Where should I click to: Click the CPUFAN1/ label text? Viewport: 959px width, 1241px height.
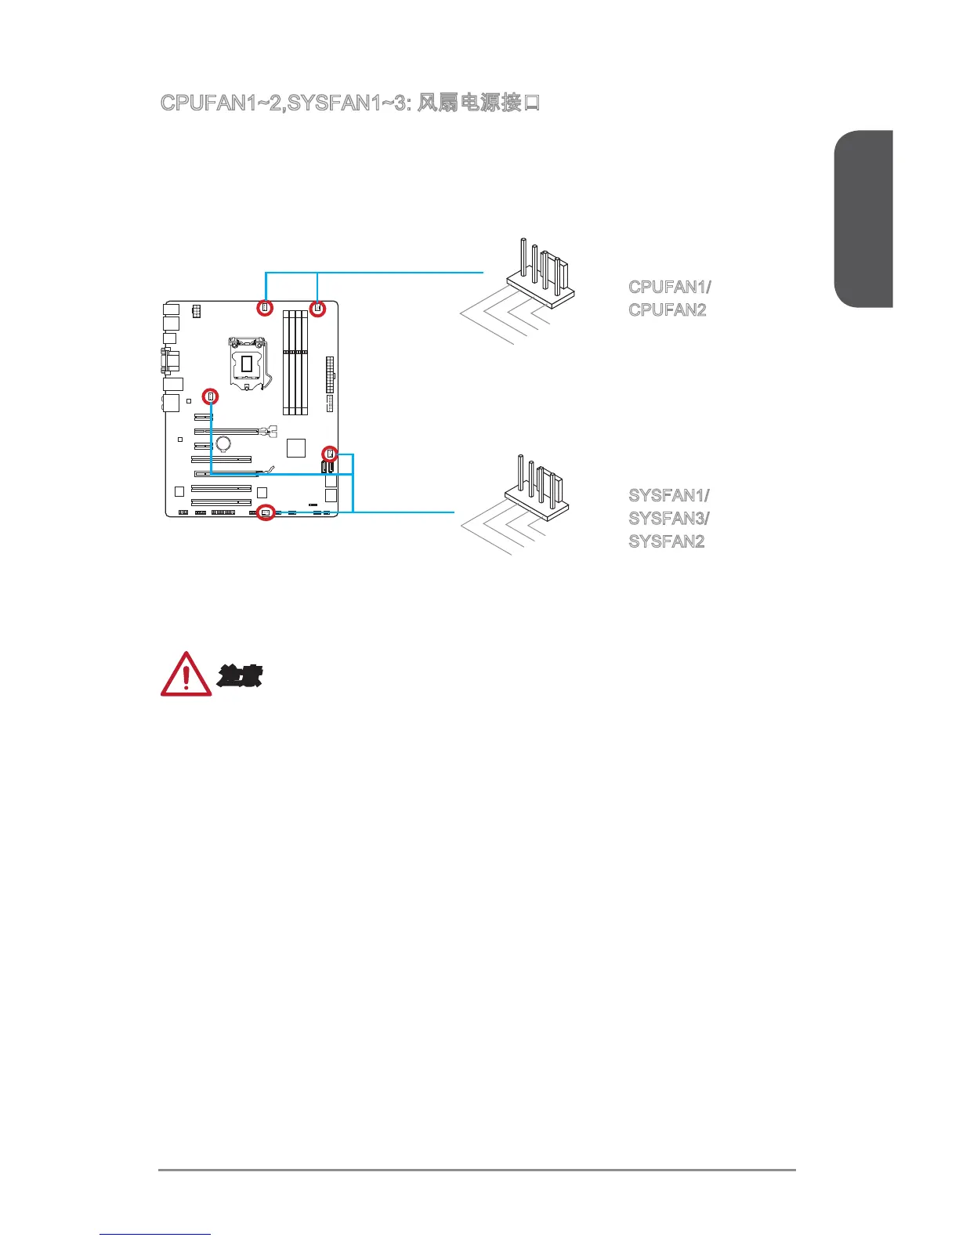click(x=669, y=287)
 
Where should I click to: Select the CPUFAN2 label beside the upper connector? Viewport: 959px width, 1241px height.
click(x=668, y=309)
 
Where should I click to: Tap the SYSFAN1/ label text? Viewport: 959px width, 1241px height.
click(x=669, y=496)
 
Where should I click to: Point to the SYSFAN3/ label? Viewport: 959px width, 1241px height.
click(x=669, y=519)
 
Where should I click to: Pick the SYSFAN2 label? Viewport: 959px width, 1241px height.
click(x=667, y=541)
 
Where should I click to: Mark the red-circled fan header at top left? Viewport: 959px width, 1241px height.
click(x=265, y=308)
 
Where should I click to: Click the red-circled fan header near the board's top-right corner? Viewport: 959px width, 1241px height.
click(x=317, y=308)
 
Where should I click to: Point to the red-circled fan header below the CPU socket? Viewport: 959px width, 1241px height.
click(x=210, y=396)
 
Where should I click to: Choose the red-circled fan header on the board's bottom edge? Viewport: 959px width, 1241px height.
click(x=266, y=514)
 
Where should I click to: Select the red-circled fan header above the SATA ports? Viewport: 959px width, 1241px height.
click(x=330, y=454)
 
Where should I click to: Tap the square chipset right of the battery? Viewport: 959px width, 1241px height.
click(x=296, y=447)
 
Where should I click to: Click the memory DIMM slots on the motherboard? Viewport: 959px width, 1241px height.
click(x=295, y=361)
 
